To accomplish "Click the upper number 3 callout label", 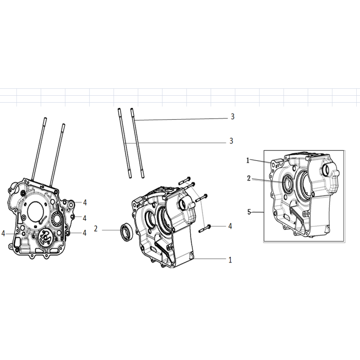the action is tap(233, 117).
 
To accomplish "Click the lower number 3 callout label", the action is tap(231, 141).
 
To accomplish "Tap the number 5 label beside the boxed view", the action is tap(249, 212).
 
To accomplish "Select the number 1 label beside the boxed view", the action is tap(248, 161).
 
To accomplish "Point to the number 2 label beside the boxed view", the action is tap(249, 178).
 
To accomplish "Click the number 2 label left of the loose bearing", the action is tap(96, 228).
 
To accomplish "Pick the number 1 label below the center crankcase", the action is tap(230, 260).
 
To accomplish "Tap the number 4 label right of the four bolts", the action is tap(230, 226).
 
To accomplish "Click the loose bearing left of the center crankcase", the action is tap(126, 232).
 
